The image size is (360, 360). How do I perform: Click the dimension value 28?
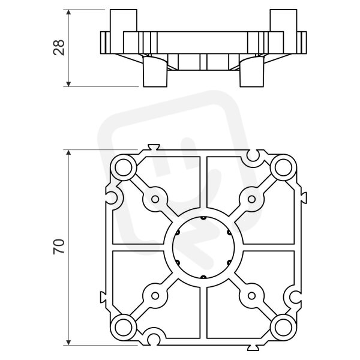point(59,47)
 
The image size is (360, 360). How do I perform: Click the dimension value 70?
point(59,247)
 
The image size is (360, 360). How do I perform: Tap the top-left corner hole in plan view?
point(123,168)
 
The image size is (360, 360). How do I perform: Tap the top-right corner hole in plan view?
point(283,168)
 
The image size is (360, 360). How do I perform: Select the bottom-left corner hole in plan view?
point(123,328)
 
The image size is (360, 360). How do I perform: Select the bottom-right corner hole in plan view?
point(283,328)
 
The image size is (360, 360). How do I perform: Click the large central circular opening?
point(203,247)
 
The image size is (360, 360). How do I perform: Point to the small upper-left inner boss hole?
point(155,199)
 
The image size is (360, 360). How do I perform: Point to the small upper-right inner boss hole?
point(251,199)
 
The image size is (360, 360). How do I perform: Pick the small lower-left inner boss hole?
point(155,296)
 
